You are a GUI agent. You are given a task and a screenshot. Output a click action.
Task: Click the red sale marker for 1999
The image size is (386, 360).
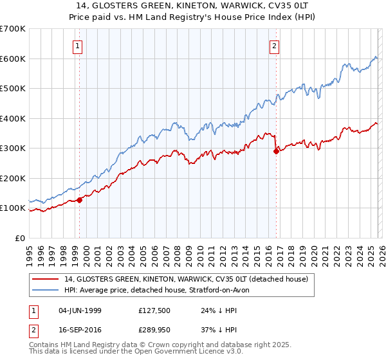coord(80,200)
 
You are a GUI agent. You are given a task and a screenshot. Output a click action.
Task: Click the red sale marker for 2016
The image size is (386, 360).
coord(277,152)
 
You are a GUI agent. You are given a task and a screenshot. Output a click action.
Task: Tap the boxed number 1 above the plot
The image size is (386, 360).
coord(77,46)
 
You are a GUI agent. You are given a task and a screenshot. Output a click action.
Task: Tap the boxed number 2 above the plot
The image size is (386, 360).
coord(275,46)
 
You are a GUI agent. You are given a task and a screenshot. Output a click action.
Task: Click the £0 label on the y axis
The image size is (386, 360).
coord(19,238)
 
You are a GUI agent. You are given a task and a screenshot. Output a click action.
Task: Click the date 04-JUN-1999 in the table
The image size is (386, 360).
coord(80,310)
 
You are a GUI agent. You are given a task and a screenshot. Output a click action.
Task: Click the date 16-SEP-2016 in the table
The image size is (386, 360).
coord(80,331)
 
